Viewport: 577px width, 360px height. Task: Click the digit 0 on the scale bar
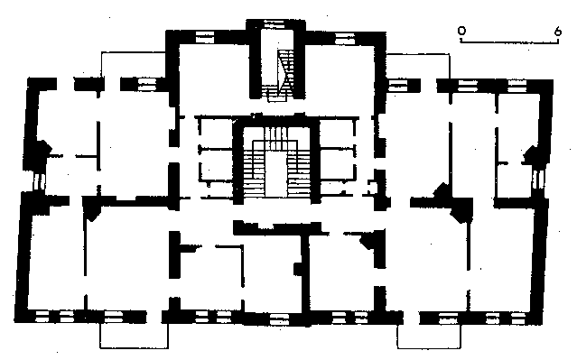[x=461, y=31]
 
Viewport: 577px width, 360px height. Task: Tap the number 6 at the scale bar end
[x=558, y=32]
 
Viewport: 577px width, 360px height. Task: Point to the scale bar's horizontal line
[x=509, y=43]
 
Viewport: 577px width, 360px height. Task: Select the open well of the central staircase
[x=275, y=173]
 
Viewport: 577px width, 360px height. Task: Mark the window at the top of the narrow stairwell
[x=275, y=24]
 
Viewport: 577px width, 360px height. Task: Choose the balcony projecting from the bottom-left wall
[x=134, y=336]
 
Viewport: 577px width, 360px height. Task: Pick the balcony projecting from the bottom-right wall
[x=429, y=337]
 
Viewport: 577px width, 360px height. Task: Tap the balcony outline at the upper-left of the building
[x=133, y=65]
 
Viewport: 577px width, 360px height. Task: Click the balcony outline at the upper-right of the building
[x=418, y=66]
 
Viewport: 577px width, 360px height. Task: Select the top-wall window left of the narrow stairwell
[x=205, y=38]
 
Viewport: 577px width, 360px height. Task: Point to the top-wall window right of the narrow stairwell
[x=345, y=38]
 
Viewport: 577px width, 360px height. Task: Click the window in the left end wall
[x=39, y=181]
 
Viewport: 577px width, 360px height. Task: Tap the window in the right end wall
[x=538, y=179]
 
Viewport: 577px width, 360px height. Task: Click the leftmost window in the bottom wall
[x=42, y=317]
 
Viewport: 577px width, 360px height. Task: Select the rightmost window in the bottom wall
[x=517, y=318]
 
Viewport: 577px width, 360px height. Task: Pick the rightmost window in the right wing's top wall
[x=517, y=87]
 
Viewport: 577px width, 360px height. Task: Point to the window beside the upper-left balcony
[x=147, y=85]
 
